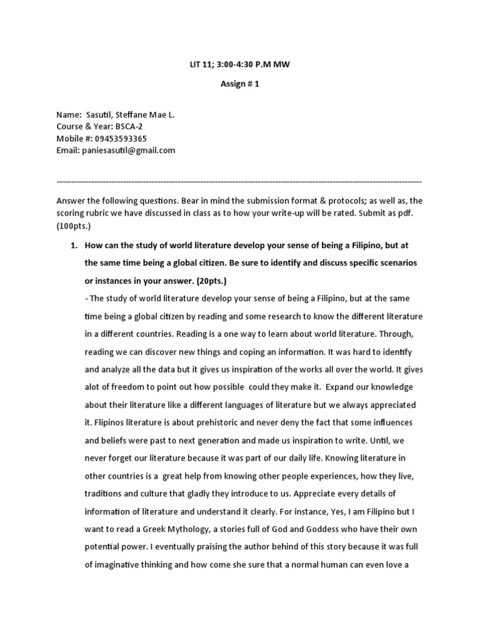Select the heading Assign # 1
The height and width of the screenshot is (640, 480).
[x=240, y=84]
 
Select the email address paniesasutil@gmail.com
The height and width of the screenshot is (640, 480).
[x=128, y=151]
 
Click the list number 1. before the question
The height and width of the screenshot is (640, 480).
[x=72, y=246]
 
